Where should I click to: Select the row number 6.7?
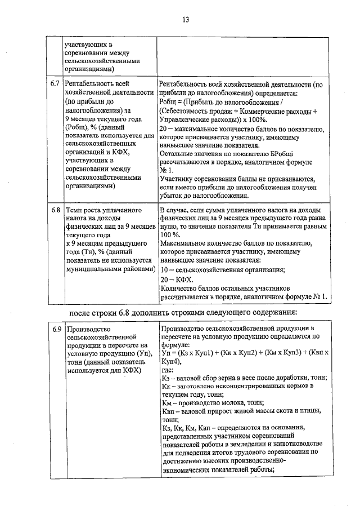point(55,84)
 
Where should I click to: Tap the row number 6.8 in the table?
point(55,210)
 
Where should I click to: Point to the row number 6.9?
point(55,329)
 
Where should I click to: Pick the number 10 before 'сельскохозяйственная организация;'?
point(164,270)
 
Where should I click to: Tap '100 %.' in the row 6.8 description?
point(170,234)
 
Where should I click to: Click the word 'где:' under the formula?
point(168,370)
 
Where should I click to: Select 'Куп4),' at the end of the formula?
point(172,361)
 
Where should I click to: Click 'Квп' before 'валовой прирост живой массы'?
point(167,411)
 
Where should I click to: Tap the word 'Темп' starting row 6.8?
point(74,210)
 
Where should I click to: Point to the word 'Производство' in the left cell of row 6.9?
point(88,329)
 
